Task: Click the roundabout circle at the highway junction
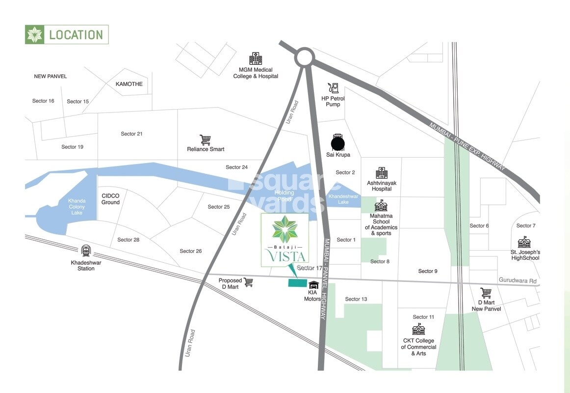[x=304, y=57]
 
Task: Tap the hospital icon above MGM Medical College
[x=256, y=58]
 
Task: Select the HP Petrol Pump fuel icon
[x=333, y=88]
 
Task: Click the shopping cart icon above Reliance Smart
[x=205, y=140]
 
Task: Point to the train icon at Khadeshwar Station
[x=86, y=251]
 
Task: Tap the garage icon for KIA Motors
[x=313, y=285]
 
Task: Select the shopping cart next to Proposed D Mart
[x=248, y=282]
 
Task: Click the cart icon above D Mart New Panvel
[x=486, y=293]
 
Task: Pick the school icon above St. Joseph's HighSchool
[x=524, y=242]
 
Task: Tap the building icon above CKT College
[x=418, y=329]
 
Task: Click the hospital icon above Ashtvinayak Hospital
[x=382, y=173]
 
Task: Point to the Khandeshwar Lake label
[x=343, y=199]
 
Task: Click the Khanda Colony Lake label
[x=77, y=207]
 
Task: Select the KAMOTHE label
[x=129, y=84]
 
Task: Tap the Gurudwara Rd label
[x=518, y=281]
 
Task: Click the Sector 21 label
[x=131, y=134]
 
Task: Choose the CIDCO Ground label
[x=110, y=199]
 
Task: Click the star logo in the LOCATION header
[x=35, y=35]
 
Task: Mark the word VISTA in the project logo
[x=285, y=256]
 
